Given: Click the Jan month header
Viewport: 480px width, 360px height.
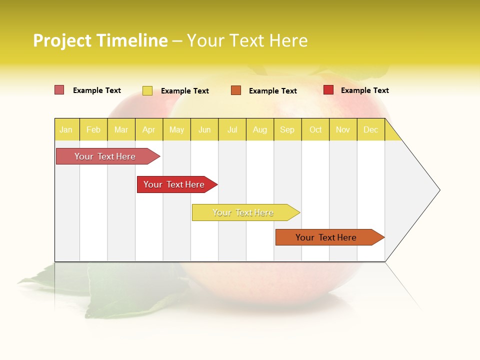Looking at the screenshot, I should click(66, 130).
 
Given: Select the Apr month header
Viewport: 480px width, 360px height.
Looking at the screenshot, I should click(148, 130).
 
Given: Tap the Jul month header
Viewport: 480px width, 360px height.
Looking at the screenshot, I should click(232, 130).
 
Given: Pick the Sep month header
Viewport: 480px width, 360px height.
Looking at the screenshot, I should click(287, 130).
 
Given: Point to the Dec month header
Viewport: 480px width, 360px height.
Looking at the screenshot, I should click(370, 130).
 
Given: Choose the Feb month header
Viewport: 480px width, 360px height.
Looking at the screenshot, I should click(93, 130).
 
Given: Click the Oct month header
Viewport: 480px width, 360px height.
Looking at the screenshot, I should click(315, 130).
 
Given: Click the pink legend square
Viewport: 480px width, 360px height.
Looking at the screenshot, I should click(59, 90).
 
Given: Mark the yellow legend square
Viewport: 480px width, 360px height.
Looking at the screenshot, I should click(147, 90).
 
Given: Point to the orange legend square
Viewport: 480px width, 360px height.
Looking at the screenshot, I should click(236, 90).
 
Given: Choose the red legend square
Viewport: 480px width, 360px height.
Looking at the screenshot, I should click(328, 90).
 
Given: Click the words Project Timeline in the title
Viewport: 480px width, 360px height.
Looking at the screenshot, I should click(100, 40).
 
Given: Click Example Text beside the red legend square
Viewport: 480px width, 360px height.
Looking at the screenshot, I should click(364, 90).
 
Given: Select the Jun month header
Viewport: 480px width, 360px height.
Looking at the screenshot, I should click(204, 130).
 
